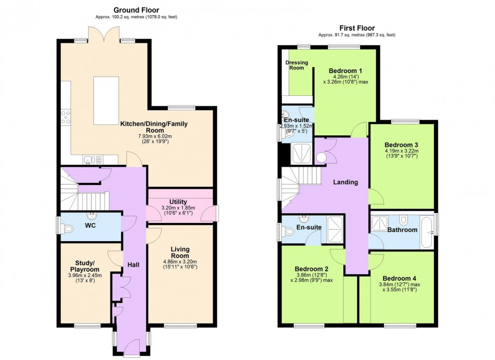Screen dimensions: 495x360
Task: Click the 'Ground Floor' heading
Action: click(137, 10)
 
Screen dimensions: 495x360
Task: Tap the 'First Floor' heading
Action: click(357, 28)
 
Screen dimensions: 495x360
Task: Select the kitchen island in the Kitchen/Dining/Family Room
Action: click(106, 101)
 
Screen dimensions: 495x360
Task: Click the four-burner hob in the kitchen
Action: click(66, 117)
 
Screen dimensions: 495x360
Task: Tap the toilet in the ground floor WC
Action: click(67, 228)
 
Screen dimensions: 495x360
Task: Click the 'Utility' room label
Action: click(178, 202)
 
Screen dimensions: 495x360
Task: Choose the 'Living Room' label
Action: click(180, 252)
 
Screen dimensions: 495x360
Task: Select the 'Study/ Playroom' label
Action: click(84, 266)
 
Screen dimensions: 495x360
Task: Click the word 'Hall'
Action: click(133, 265)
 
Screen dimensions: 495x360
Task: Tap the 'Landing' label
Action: click(345, 182)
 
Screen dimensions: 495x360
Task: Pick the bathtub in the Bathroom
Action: click(427, 232)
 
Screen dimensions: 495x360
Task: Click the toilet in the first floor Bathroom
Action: click(403, 219)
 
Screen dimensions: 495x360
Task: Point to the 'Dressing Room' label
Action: click(296, 65)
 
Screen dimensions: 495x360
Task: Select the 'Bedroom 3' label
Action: click(401, 145)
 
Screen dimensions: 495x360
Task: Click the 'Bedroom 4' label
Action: click(399, 278)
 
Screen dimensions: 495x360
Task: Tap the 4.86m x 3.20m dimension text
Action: click(180, 262)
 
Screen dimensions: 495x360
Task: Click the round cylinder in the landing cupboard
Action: click(321, 157)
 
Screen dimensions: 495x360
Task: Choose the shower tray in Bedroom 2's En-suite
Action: click(335, 229)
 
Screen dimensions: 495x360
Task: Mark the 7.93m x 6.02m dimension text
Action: click(155, 136)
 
